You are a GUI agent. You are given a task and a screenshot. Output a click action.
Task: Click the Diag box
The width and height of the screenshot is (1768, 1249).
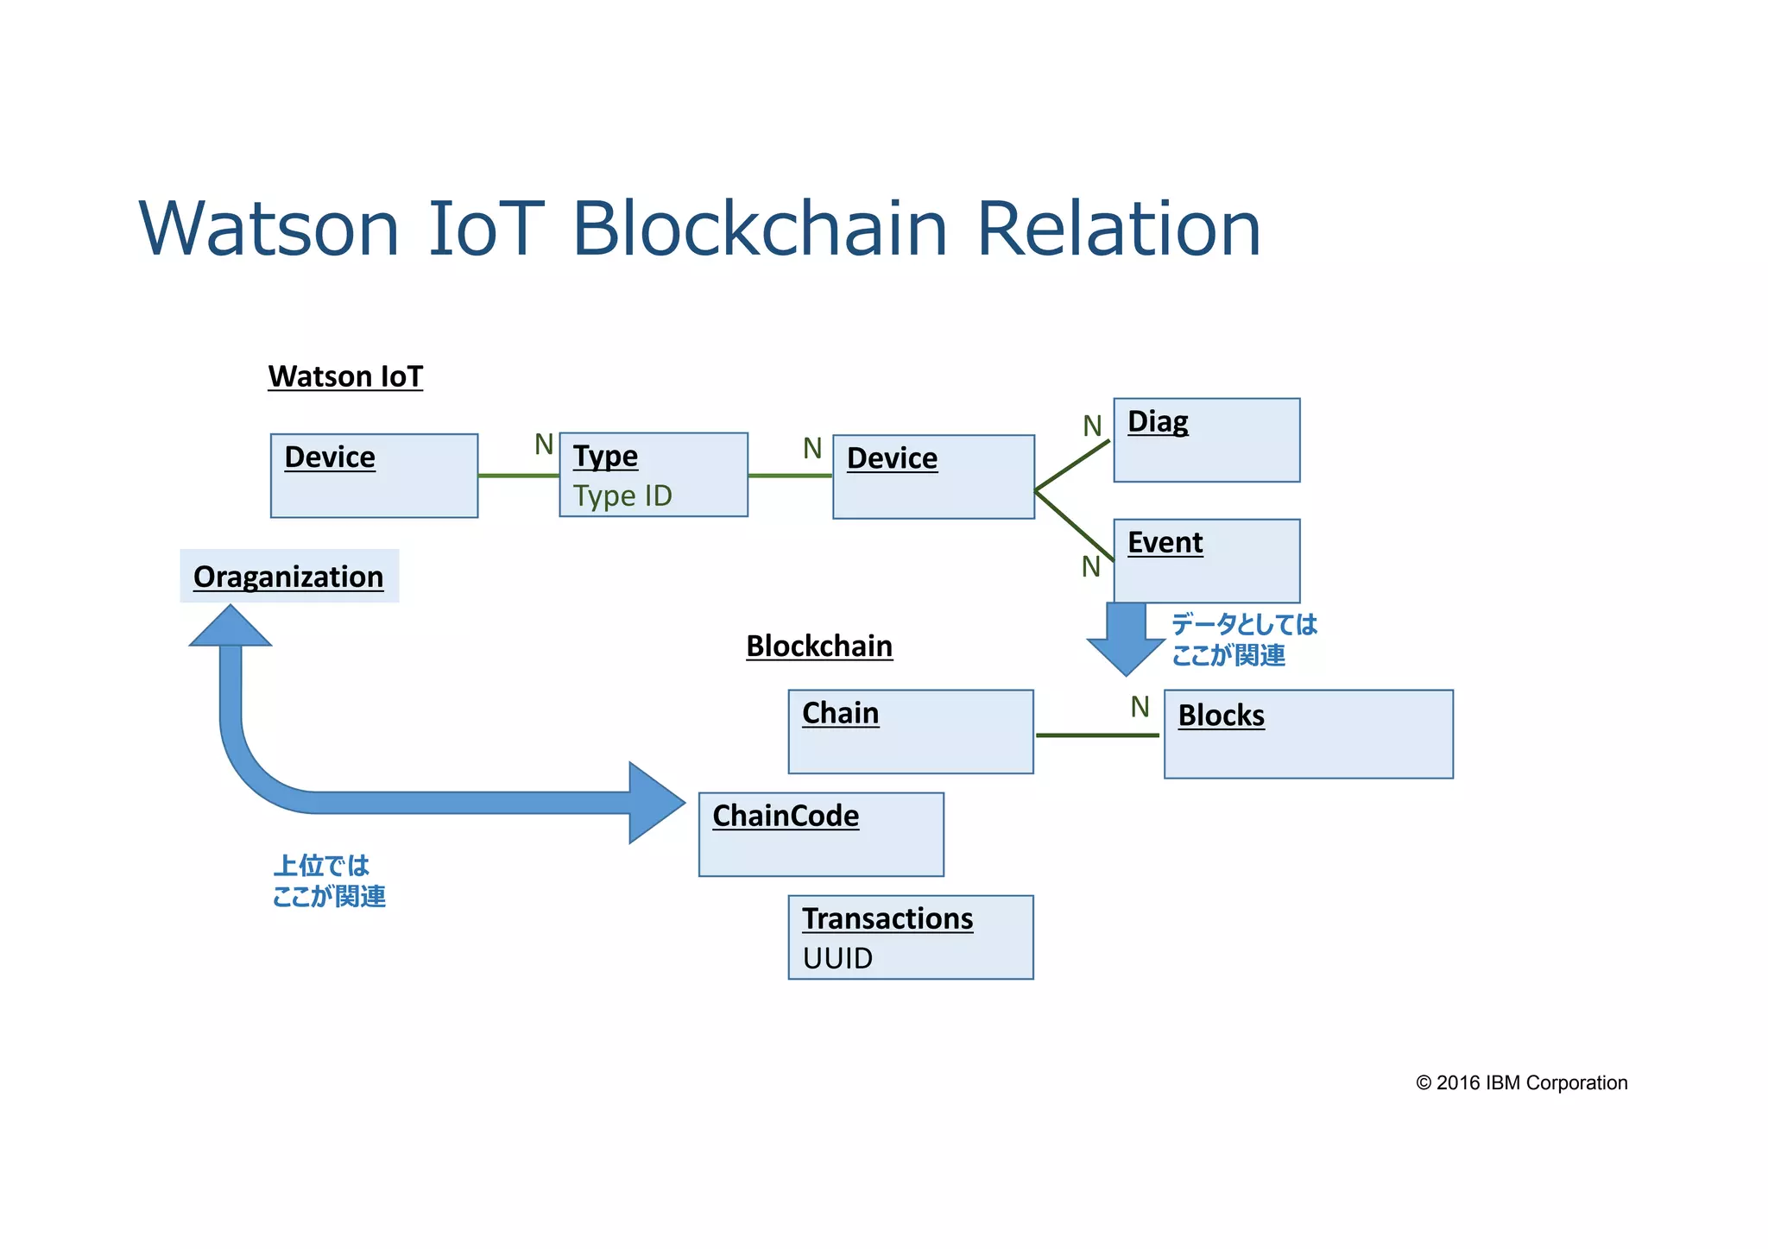point(1206,440)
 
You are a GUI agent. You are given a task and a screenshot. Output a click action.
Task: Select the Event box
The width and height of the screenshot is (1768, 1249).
point(1206,560)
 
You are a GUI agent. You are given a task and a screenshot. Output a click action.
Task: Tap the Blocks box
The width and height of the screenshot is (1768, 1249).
point(1308,734)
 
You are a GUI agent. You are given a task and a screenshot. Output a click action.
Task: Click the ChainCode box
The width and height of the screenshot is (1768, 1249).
point(820,834)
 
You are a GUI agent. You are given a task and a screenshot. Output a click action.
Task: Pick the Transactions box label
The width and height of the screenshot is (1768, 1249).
point(887,918)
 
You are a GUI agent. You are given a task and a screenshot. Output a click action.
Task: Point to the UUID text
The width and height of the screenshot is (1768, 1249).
point(837,958)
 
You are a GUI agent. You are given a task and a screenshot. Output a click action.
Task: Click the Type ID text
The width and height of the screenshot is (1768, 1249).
point(622,495)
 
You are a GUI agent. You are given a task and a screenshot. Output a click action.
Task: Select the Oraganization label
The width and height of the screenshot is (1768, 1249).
point(288,576)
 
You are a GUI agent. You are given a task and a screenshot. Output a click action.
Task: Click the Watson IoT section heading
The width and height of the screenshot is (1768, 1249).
point(345,376)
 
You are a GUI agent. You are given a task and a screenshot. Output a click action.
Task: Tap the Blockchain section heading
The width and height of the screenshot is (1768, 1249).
point(818,646)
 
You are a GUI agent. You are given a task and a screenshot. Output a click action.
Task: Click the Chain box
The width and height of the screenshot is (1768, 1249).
point(910,731)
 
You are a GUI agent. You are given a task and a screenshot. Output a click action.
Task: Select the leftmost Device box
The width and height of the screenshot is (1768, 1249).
point(374,476)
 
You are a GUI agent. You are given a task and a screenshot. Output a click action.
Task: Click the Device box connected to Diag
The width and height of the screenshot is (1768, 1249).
point(932,476)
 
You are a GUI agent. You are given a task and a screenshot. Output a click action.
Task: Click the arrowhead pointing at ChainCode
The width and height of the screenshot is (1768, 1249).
point(656,803)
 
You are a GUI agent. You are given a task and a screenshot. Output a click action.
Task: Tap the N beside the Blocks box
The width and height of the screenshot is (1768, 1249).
point(1140,707)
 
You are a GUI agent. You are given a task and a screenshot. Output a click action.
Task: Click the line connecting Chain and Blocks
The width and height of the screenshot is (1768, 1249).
point(1096,735)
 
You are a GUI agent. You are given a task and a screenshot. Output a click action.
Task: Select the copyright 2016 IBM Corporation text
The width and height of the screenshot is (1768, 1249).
point(1521,1082)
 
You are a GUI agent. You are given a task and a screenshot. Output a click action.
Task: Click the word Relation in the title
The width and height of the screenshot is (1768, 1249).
point(1118,229)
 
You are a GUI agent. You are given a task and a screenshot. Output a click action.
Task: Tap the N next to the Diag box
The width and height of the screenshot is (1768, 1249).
point(1092,426)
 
